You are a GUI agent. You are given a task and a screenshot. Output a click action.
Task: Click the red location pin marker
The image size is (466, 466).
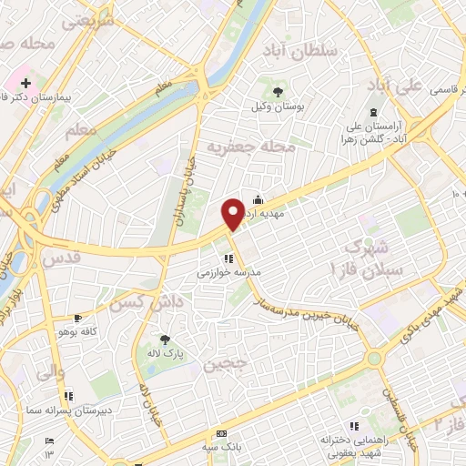[233, 214]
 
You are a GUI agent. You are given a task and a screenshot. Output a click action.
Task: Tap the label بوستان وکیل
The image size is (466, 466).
[277, 106]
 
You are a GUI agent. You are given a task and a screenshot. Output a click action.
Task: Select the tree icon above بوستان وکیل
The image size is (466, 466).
[277, 91]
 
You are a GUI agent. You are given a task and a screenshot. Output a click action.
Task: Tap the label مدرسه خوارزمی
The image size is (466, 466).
[228, 272]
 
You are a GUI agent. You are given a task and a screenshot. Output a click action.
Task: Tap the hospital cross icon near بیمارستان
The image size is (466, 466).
[25, 83]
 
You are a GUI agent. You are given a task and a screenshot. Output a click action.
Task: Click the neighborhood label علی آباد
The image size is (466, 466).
[394, 86]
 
